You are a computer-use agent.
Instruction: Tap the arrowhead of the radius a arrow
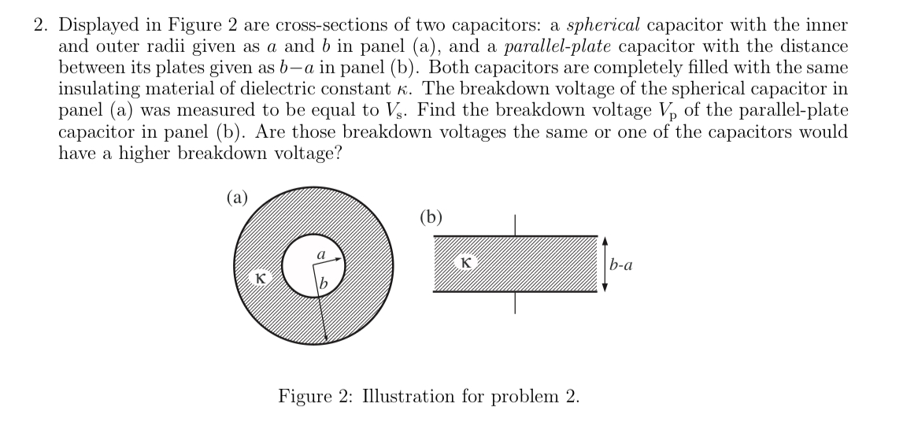(x=339, y=255)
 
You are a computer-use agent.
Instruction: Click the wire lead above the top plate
(x=516, y=225)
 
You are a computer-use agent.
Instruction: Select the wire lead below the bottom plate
(x=516, y=302)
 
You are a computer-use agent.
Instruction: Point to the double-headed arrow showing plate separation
(x=605, y=264)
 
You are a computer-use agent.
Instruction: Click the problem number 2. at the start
(x=41, y=24)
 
